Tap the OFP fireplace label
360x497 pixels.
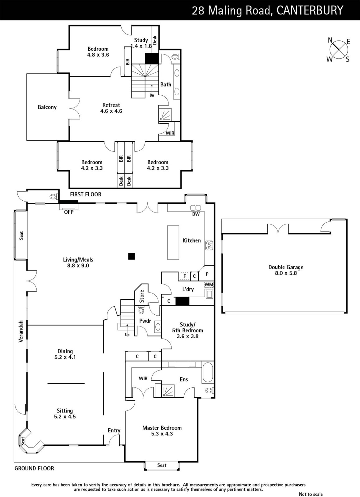(x=69, y=212)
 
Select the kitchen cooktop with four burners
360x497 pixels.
(x=209, y=245)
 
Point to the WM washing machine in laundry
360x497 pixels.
(x=209, y=285)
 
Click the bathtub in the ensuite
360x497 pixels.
(x=208, y=372)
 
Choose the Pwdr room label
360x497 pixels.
(x=145, y=321)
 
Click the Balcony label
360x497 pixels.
(x=47, y=107)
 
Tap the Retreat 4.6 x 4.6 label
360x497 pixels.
(x=111, y=108)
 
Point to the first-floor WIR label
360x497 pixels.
(x=170, y=133)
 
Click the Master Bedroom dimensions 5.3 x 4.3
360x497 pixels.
(x=162, y=434)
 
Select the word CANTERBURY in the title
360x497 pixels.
(x=310, y=11)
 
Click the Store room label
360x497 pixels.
(x=142, y=296)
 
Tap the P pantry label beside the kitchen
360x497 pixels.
(x=207, y=274)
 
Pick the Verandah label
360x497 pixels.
(x=21, y=331)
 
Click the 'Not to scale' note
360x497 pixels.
(x=311, y=494)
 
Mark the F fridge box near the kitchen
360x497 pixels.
(x=184, y=276)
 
